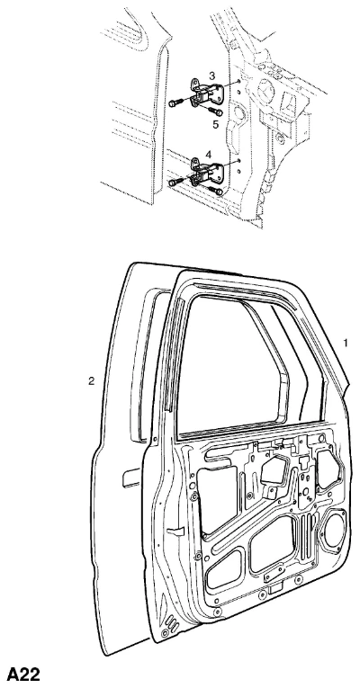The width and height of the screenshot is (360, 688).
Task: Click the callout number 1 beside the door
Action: point(346,343)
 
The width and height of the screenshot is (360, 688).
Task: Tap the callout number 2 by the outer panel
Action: point(91,380)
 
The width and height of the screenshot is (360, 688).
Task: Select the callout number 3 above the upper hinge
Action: point(211,76)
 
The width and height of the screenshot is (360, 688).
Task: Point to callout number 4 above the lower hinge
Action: point(209,154)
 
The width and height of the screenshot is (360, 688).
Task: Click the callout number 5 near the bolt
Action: point(216,124)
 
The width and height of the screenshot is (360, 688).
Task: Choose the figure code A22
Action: point(23,674)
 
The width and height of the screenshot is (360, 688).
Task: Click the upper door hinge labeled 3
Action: point(206,93)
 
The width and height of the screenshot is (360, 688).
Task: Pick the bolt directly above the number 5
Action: point(216,111)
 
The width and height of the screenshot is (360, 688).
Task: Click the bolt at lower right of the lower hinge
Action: point(216,191)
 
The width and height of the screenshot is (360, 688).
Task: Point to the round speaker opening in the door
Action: point(335,529)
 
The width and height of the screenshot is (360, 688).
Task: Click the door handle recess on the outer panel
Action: point(131,478)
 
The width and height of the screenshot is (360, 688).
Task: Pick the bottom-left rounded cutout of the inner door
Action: point(224,567)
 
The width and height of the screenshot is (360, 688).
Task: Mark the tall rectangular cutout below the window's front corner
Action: point(218,498)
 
